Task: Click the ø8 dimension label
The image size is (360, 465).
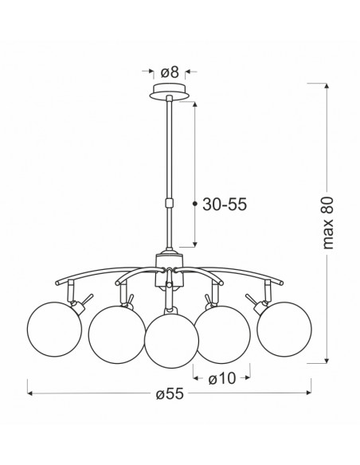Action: click(x=170, y=72)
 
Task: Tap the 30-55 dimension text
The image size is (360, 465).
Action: click(x=225, y=204)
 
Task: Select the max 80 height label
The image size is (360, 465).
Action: click(x=328, y=223)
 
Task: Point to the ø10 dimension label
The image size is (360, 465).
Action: click(x=222, y=378)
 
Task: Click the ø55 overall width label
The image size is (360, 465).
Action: click(x=170, y=394)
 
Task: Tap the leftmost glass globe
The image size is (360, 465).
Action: click(x=54, y=329)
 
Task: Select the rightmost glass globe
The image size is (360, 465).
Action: click(x=284, y=329)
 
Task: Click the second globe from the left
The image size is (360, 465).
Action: click(x=117, y=334)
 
